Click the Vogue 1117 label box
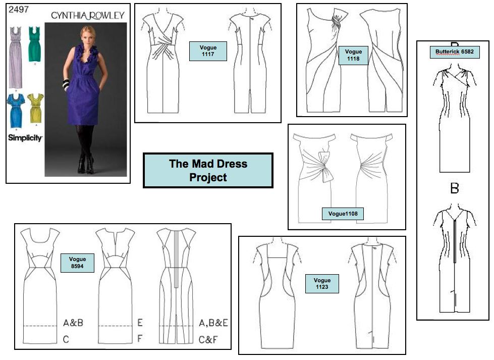tap(208, 51)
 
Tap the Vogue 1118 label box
tap(353, 55)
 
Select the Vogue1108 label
tap(343, 214)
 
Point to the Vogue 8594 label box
tap(77, 263)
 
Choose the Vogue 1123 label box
tap(322, 284)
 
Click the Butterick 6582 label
tap(455, 52)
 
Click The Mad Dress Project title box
tap(208, 171)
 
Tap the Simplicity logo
tap(25, 138)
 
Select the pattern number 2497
tap(19, 10)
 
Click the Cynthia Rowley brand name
tap(88, 15)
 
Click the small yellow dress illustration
tap(36, 108)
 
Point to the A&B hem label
tap(73, 323)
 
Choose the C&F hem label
tap(208, 339)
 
